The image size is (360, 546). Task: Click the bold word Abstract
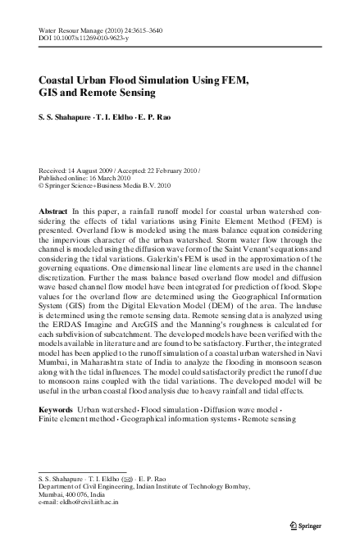[53, 211]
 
